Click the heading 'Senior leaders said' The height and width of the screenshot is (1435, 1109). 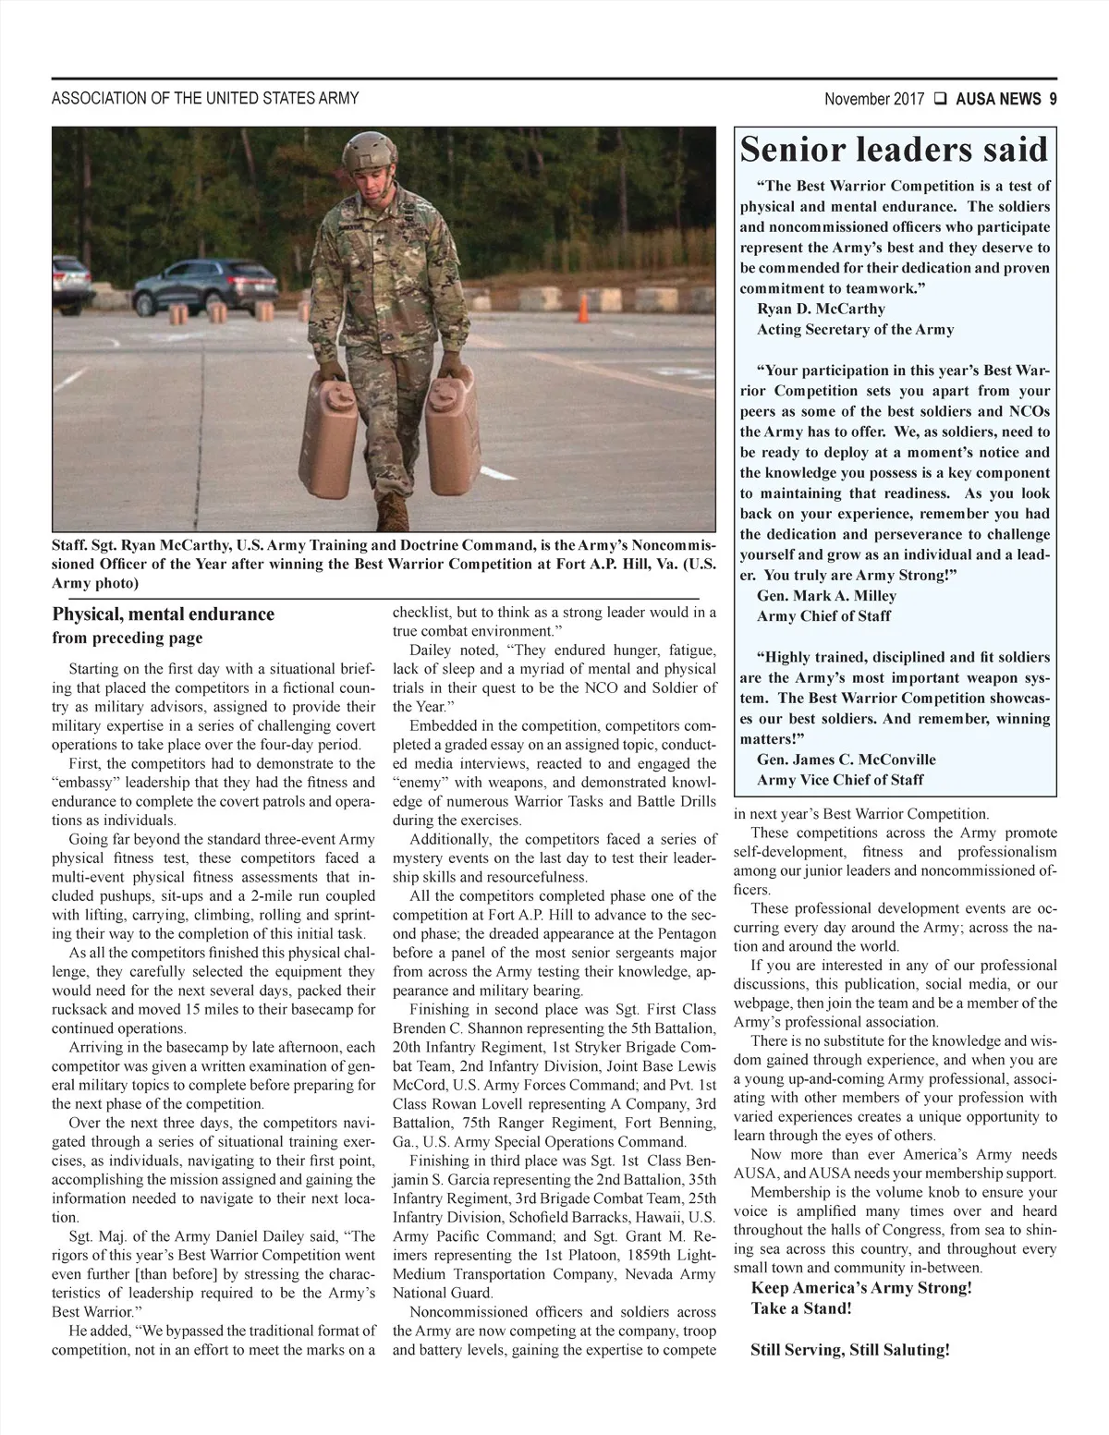pyautogui.click(x=894, y=150)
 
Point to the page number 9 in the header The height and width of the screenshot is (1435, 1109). pyautogui.click(x=1053, y=99)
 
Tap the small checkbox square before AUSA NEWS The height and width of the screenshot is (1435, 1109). pyautogui.click(x=939, y=99)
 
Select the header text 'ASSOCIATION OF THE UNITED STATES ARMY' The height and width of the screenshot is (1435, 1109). pyautogui.click(x=205, y=99)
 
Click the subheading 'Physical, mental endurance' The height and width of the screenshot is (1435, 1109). pyautogui.click(x=164, y=614)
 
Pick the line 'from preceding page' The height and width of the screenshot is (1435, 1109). pyautogui.click(x=128, y=638)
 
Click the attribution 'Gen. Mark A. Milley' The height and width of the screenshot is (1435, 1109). pyautogui.click(x=826, y=596)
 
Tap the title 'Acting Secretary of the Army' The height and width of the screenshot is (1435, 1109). pyautogui.click(x=855, y=330)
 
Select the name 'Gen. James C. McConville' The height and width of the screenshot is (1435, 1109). pyautogui.click(x=846, y=760)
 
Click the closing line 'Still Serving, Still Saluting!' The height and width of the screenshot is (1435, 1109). pyautogui.click(x=850, y=1350)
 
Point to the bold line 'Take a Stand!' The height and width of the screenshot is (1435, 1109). pyautogui.click(x=800, y=1308)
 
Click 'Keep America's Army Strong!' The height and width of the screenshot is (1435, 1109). pyautogui.click(x=861, y=1288)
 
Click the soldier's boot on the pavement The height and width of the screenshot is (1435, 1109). pyautogui.click(x=393, y=510)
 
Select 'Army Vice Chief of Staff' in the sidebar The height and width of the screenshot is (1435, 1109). pyautogui.click(x=839, y=780)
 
